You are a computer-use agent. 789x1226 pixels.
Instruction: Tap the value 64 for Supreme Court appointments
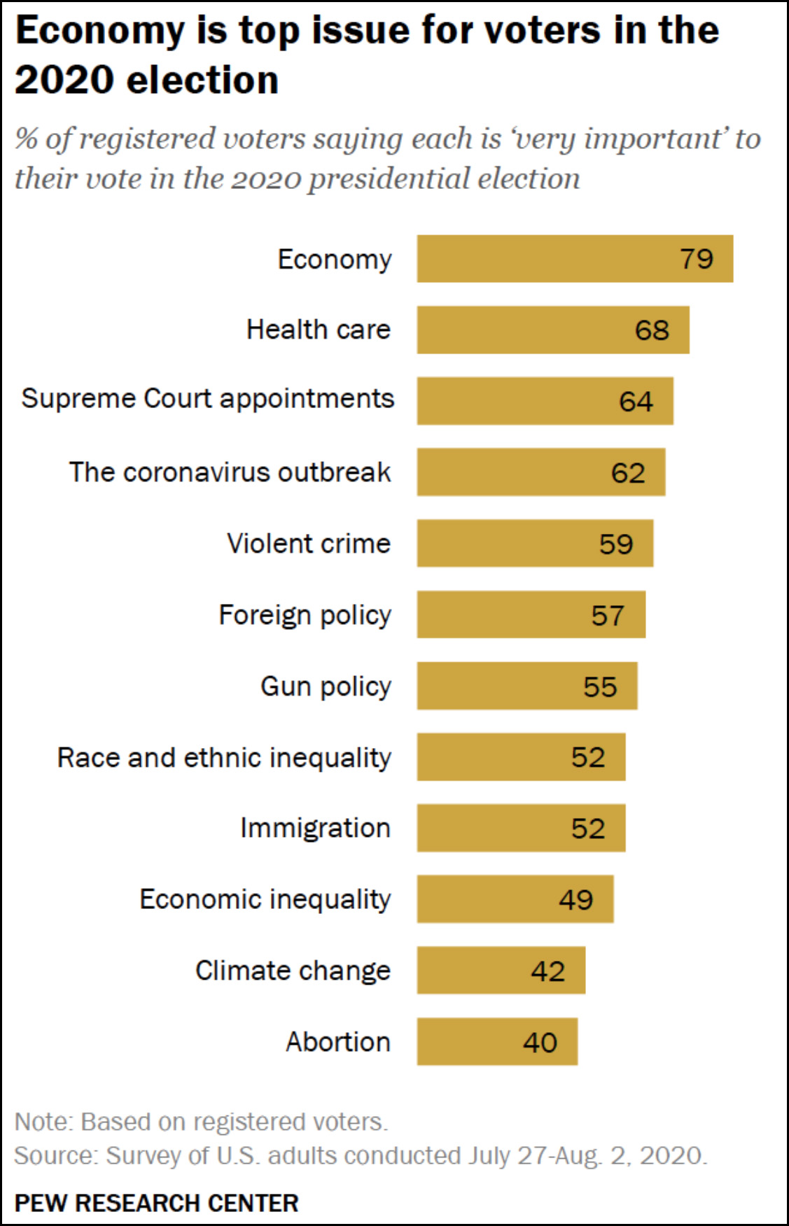pos(636,402)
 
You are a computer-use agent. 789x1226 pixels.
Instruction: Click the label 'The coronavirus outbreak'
pos(230,472)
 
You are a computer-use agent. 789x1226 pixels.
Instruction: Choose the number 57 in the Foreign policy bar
pos(607,616)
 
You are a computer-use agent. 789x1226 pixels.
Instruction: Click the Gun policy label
pos(326,686)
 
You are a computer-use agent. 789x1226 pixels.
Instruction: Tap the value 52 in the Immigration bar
pos(587,829)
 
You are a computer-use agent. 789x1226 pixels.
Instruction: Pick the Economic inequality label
pos(265,899)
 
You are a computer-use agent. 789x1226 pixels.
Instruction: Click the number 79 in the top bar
pos(697,259)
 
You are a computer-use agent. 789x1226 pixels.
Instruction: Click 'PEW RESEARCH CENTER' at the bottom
pos(157,1203)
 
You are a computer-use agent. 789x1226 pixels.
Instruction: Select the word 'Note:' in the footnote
pos(43,1122)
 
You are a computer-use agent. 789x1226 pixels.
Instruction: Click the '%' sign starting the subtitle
pos(26,139)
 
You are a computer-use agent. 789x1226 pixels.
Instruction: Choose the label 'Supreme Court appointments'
pos(208,399)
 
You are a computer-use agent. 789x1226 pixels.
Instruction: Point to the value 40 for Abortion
pos(540,1043)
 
